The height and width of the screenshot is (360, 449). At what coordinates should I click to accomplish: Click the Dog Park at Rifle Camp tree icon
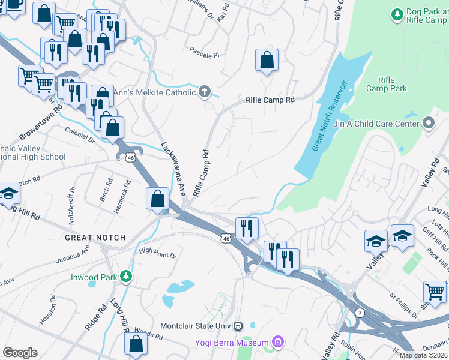[397, 13]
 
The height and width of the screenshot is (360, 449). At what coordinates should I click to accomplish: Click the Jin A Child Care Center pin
[428, 123]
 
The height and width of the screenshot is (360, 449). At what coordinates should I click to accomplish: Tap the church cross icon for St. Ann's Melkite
[205, 92]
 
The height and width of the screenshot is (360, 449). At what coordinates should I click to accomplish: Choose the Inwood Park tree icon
[125, 276]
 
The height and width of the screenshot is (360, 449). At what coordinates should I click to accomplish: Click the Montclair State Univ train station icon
[238, 326]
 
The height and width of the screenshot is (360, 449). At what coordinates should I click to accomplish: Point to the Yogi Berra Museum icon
[277, 343]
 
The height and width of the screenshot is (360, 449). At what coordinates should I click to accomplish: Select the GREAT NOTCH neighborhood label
[95, 238]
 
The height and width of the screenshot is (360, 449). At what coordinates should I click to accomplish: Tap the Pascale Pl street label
[204, 55]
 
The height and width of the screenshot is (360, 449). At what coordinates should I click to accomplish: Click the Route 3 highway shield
[360, 313]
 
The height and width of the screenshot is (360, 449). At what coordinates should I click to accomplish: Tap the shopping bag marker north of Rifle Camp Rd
[267, 60]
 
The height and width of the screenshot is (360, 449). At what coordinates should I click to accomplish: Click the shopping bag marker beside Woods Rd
[136, 344]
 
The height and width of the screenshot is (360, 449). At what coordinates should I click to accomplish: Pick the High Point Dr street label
[157, 254]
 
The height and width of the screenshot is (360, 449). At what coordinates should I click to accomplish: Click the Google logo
[20, 353]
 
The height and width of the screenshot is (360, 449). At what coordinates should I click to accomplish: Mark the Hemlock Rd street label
[122, 197]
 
